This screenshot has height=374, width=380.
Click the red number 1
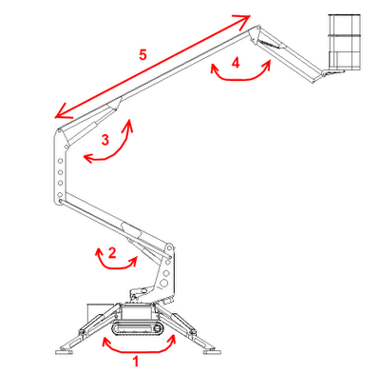coord(136,362)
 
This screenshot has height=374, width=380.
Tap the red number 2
coord(112,253)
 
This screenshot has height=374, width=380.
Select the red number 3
coord(105,140)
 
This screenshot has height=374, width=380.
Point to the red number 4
coord(236,63)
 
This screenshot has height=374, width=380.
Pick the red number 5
coord(142,54)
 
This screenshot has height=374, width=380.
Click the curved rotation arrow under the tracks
coord(139,350)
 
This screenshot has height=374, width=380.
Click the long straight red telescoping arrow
coord(153,67)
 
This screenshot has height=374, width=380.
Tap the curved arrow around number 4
coord(240,78)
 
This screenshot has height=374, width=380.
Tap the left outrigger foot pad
coord(65,352)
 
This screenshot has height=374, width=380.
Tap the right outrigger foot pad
coord(212,351)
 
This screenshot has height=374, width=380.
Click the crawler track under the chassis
coord(138,328)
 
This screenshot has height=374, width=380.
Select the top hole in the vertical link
coord(60,161)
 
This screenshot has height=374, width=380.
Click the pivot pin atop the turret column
coord(169,246)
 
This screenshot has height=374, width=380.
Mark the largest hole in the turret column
coord(164,283)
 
